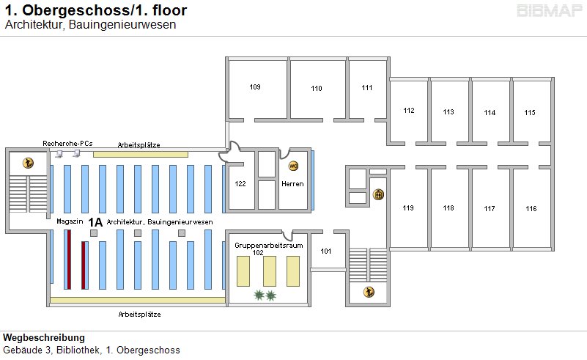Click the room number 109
(255, 87)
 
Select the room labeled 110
(317, 89)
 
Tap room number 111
(367, 88)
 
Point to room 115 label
(530, 112)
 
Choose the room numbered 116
(531, 209)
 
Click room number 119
(408, 208)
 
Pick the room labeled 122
(240, 183)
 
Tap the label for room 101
(326, 251)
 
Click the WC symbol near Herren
(294, 166)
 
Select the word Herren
(292, 183)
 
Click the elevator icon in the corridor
(379, 194)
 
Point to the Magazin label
(68, 221)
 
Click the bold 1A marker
(95, 221)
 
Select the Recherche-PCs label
(67, 143)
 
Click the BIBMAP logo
(549, 11)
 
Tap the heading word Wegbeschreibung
(44, 338)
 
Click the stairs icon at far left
(29, 163)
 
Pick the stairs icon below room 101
(369, 293)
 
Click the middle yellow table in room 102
(269, 271)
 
